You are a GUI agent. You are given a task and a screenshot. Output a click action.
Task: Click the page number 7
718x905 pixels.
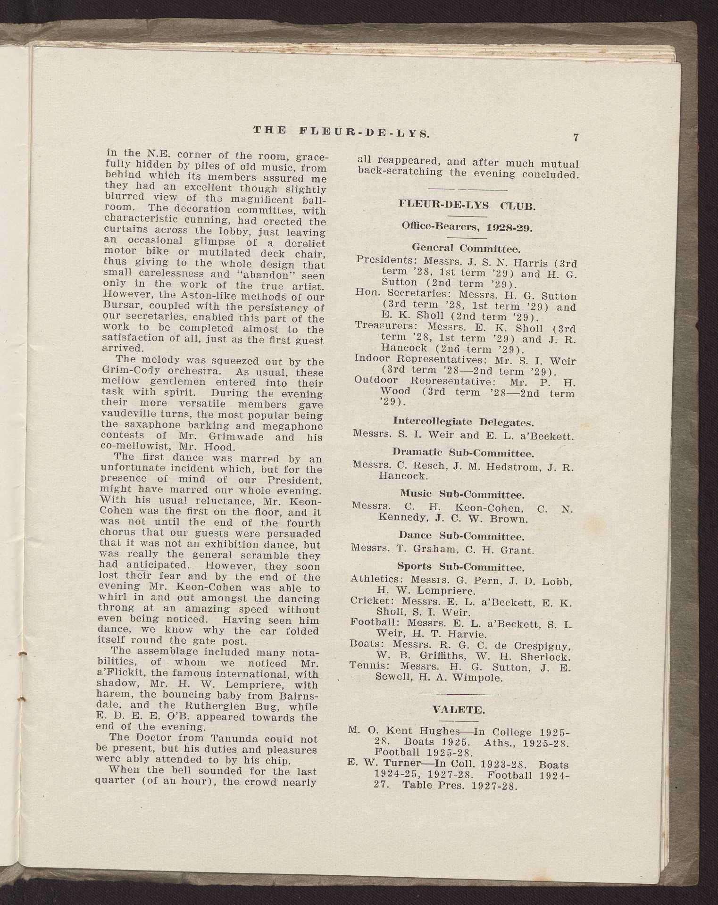[576, 138]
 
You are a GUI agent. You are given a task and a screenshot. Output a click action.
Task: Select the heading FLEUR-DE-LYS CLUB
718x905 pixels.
[467, 206]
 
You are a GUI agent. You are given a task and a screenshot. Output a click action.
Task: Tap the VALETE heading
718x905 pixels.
[458, 710]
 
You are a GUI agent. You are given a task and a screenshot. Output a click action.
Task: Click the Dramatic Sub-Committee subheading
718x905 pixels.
[463, 454]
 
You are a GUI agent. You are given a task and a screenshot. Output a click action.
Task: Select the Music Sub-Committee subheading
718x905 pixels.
[463, 494]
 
